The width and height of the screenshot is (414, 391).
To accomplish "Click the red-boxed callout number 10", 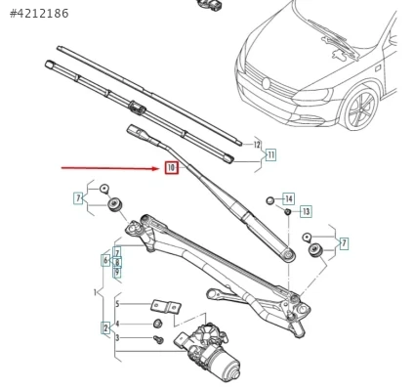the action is [172, 168].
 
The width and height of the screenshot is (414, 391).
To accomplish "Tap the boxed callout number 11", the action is [270, 154].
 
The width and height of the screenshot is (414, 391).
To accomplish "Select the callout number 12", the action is [258, 145].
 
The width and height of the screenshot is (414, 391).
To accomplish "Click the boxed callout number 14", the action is [289, 198].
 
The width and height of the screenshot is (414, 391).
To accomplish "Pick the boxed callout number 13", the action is [306, 212].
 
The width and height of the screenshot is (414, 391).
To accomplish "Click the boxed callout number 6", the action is [105, 260].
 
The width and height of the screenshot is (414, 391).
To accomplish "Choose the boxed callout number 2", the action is [105, 328].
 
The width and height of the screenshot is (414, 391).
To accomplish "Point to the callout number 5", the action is [117, 304].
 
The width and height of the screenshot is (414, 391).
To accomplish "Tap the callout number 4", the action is [117, 324].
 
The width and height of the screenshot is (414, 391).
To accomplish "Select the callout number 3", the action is [117, 338].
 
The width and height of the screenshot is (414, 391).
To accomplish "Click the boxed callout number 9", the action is [117, 272].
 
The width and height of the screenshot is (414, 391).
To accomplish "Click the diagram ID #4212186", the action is [39, 14].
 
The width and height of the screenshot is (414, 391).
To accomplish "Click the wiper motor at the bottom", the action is [207, 352].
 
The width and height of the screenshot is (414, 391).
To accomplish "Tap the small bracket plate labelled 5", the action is [166, 307].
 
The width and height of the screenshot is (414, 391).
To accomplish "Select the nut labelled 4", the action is [158, 324].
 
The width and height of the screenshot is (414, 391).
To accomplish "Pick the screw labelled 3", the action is [158, 339].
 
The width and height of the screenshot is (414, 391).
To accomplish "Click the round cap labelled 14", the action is [270, 200].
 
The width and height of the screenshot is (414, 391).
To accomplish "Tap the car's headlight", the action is [313, 96].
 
